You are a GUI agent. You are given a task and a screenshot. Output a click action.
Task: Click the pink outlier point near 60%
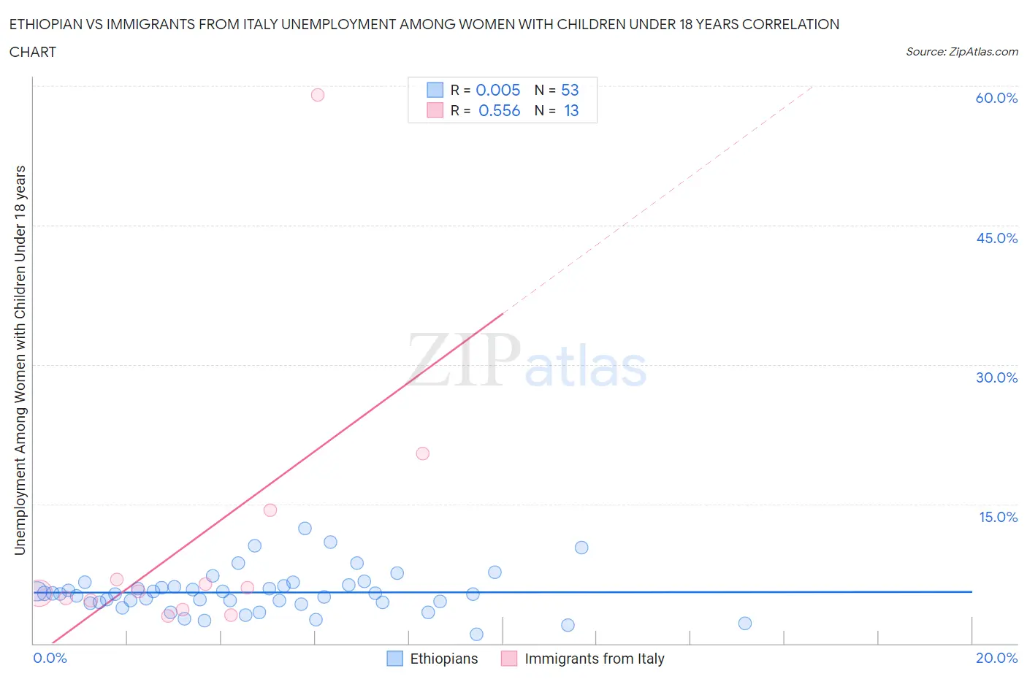click(x=317, y=95)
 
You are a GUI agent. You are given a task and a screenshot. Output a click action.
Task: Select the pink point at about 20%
click(x=422, y=453)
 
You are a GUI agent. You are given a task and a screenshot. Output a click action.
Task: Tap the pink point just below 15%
click(x=270, y=510)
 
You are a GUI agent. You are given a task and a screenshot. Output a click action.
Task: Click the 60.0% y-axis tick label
click(x=996, y=98)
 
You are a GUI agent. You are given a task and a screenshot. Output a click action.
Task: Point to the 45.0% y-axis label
click(x=996, y=238)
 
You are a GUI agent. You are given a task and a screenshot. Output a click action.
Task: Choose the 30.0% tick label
click(x=996, y=377)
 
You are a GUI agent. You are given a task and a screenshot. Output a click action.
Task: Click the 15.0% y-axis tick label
click(x=998, y=517)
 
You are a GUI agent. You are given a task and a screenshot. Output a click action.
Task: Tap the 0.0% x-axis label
click(x=50, y=658)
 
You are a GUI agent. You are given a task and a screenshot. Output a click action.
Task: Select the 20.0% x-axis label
click(x=996, y=658)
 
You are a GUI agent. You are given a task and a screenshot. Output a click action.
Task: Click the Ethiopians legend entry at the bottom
click(x=443, y=659)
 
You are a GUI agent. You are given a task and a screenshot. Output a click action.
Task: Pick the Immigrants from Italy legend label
click(x=594, y=659)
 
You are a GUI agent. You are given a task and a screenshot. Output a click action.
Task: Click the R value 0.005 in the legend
click(x=497, y=90)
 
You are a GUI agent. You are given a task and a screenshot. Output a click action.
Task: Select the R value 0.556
click(x=499, y=110)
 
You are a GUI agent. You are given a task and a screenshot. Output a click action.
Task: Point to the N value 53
click(x=570, y=90)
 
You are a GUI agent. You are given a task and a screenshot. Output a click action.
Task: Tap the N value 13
click(x=571, y=110)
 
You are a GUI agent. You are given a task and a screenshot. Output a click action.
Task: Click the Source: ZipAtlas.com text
click(x=961, y=51)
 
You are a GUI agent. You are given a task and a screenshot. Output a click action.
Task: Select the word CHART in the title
click(x=33, y=52)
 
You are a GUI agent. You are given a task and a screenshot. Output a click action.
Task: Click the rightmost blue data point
click(x=744, y=624)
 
